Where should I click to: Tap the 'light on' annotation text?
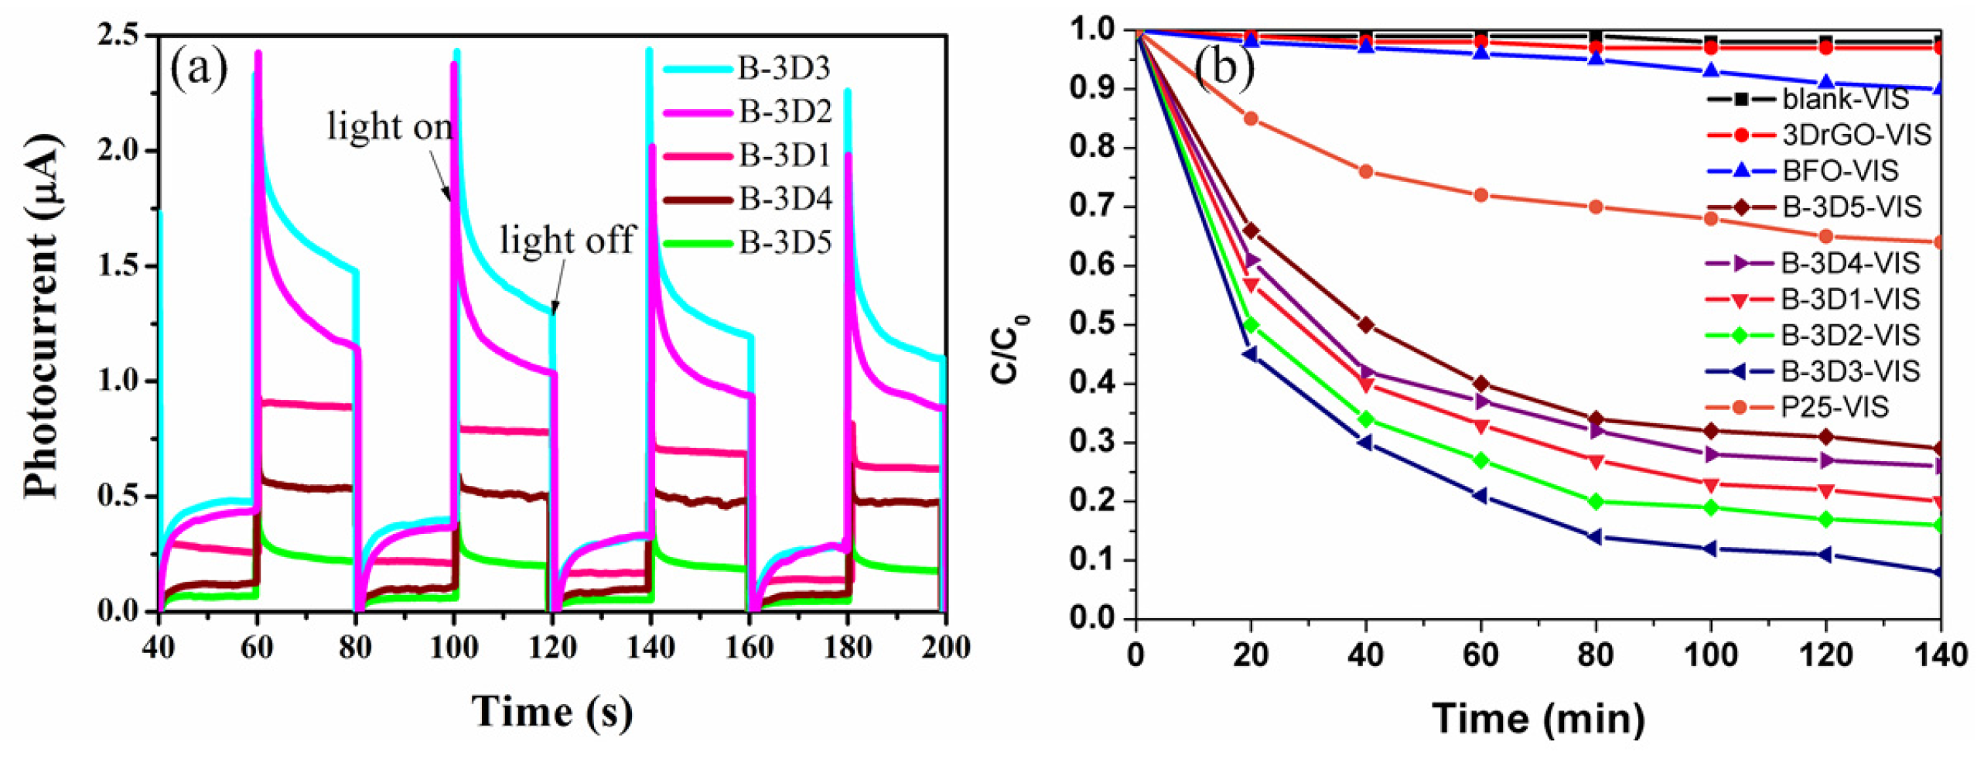pos(389,126)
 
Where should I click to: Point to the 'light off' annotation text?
pos(567,240)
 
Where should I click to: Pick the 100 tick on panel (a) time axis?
pos(453,647)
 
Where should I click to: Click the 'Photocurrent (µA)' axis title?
pos(43,317)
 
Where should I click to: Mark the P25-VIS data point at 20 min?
pos(1250,118)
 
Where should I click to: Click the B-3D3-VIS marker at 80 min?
pos(1594,536)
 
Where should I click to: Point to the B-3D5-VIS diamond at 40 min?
pos(1365,325)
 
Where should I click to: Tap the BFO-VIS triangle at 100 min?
pos(1710,71)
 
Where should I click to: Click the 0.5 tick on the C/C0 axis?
pos(1091,325)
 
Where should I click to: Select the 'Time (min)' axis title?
pos(1538,718)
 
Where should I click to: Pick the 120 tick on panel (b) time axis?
pos(1825,656)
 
